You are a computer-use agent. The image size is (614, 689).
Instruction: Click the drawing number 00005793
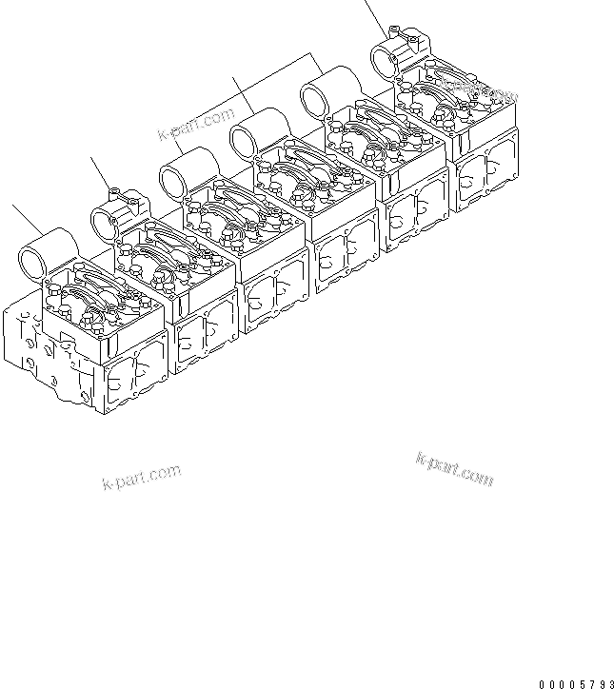pyautogui.click(x=575, y=682)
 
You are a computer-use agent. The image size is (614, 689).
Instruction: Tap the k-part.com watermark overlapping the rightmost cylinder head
pyautogui.click(x=482, y=92)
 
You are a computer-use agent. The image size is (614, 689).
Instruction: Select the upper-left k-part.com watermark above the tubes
pyautogui.click(x=195, y=124)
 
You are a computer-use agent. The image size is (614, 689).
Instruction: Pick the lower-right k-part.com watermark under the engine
pyautogui.click(x=454, y=469)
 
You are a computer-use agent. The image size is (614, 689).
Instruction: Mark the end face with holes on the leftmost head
pyautogui.click(x=29, y=333)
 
